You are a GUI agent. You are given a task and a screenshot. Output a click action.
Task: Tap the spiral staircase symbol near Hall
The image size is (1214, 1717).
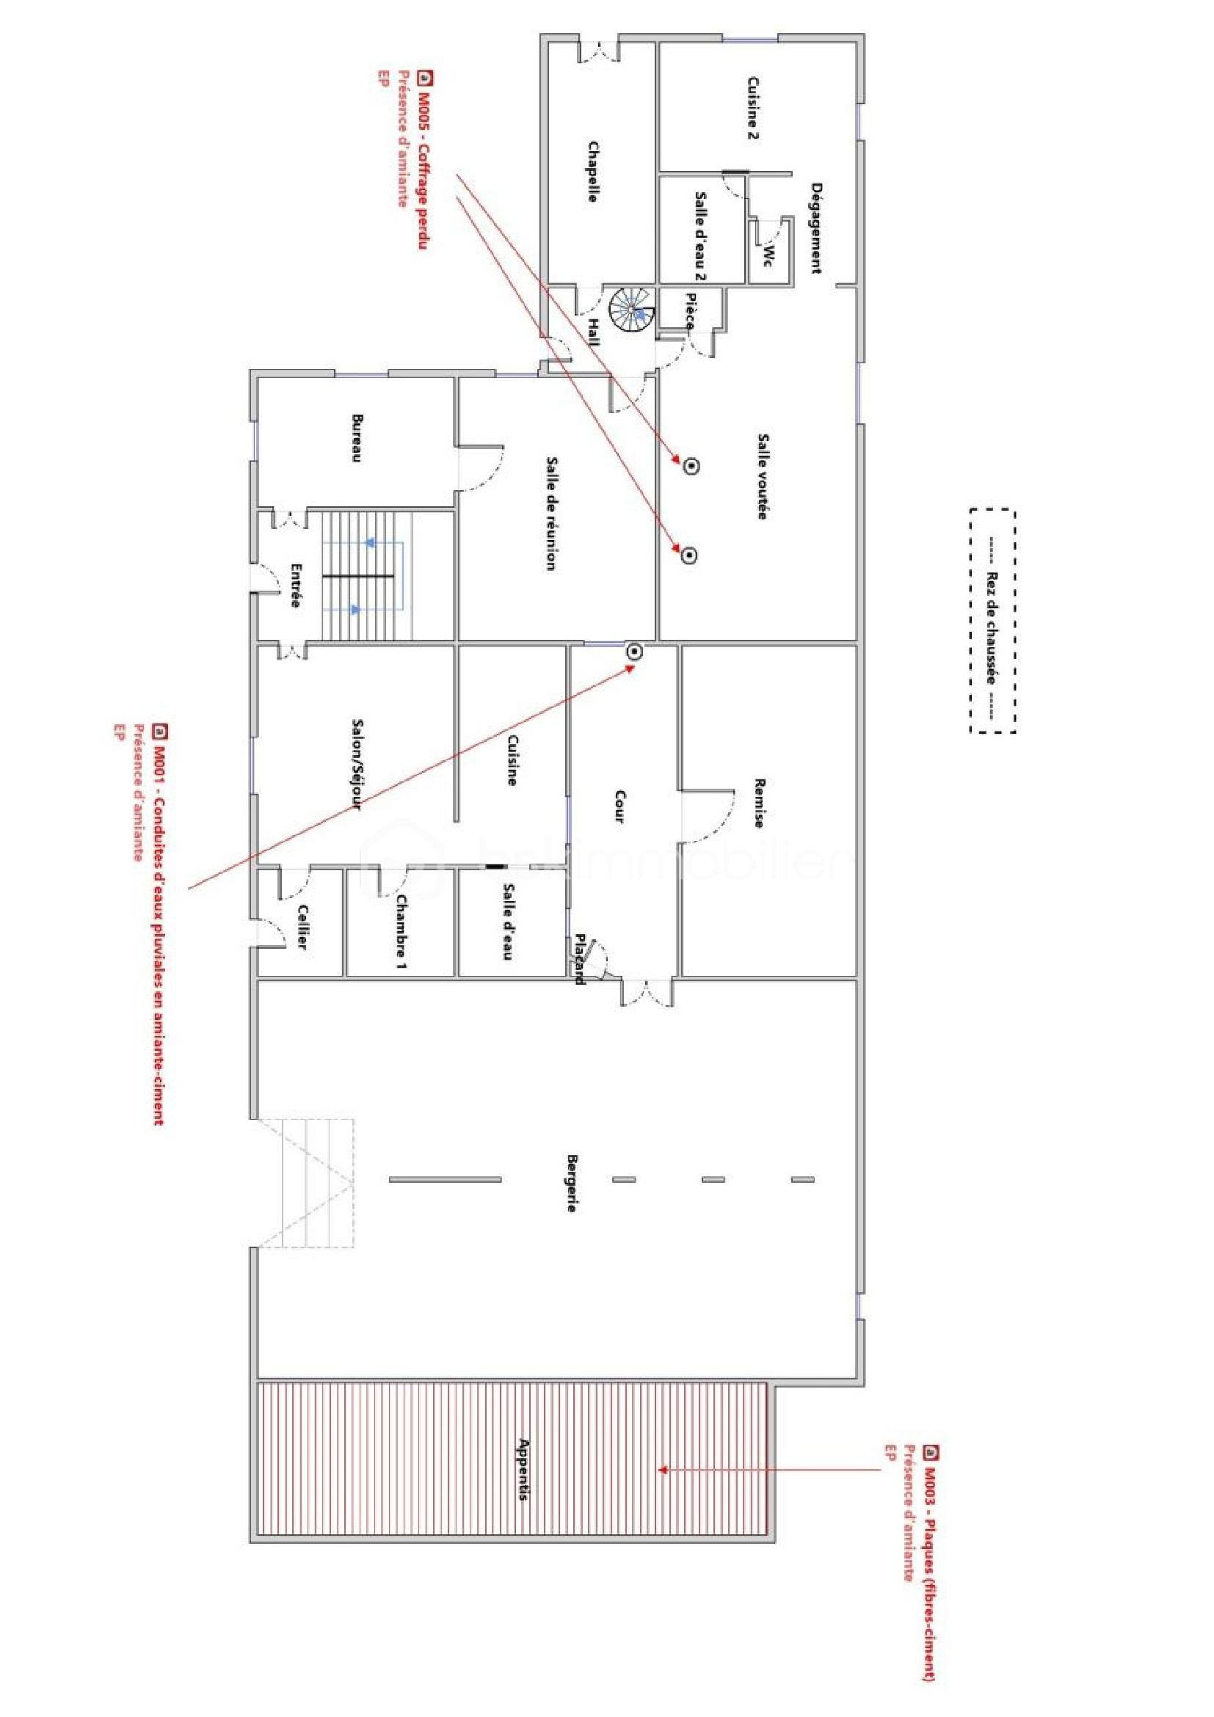tap(631, 312)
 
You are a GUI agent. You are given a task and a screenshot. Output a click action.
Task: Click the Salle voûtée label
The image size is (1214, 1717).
tap(764, 476)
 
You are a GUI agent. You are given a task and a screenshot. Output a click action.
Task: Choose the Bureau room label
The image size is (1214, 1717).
tap(357, 437)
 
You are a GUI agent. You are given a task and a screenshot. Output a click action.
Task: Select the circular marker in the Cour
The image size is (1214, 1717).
tap(635, 652)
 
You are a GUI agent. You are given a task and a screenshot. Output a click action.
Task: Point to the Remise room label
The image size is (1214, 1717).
tap(759, 803)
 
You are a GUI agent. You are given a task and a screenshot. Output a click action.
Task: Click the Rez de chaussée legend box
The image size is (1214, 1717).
tap(992, 621)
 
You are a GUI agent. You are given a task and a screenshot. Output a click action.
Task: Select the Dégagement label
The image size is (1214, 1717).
tap(818, 228)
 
